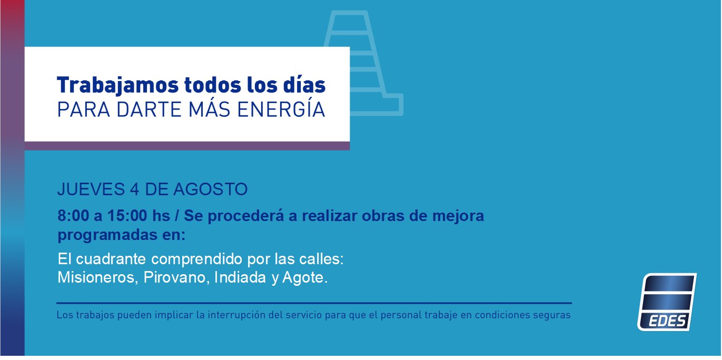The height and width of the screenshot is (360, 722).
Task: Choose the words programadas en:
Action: [x=121, y=235]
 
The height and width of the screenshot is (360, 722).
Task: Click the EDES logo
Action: [x=667, y=302]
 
